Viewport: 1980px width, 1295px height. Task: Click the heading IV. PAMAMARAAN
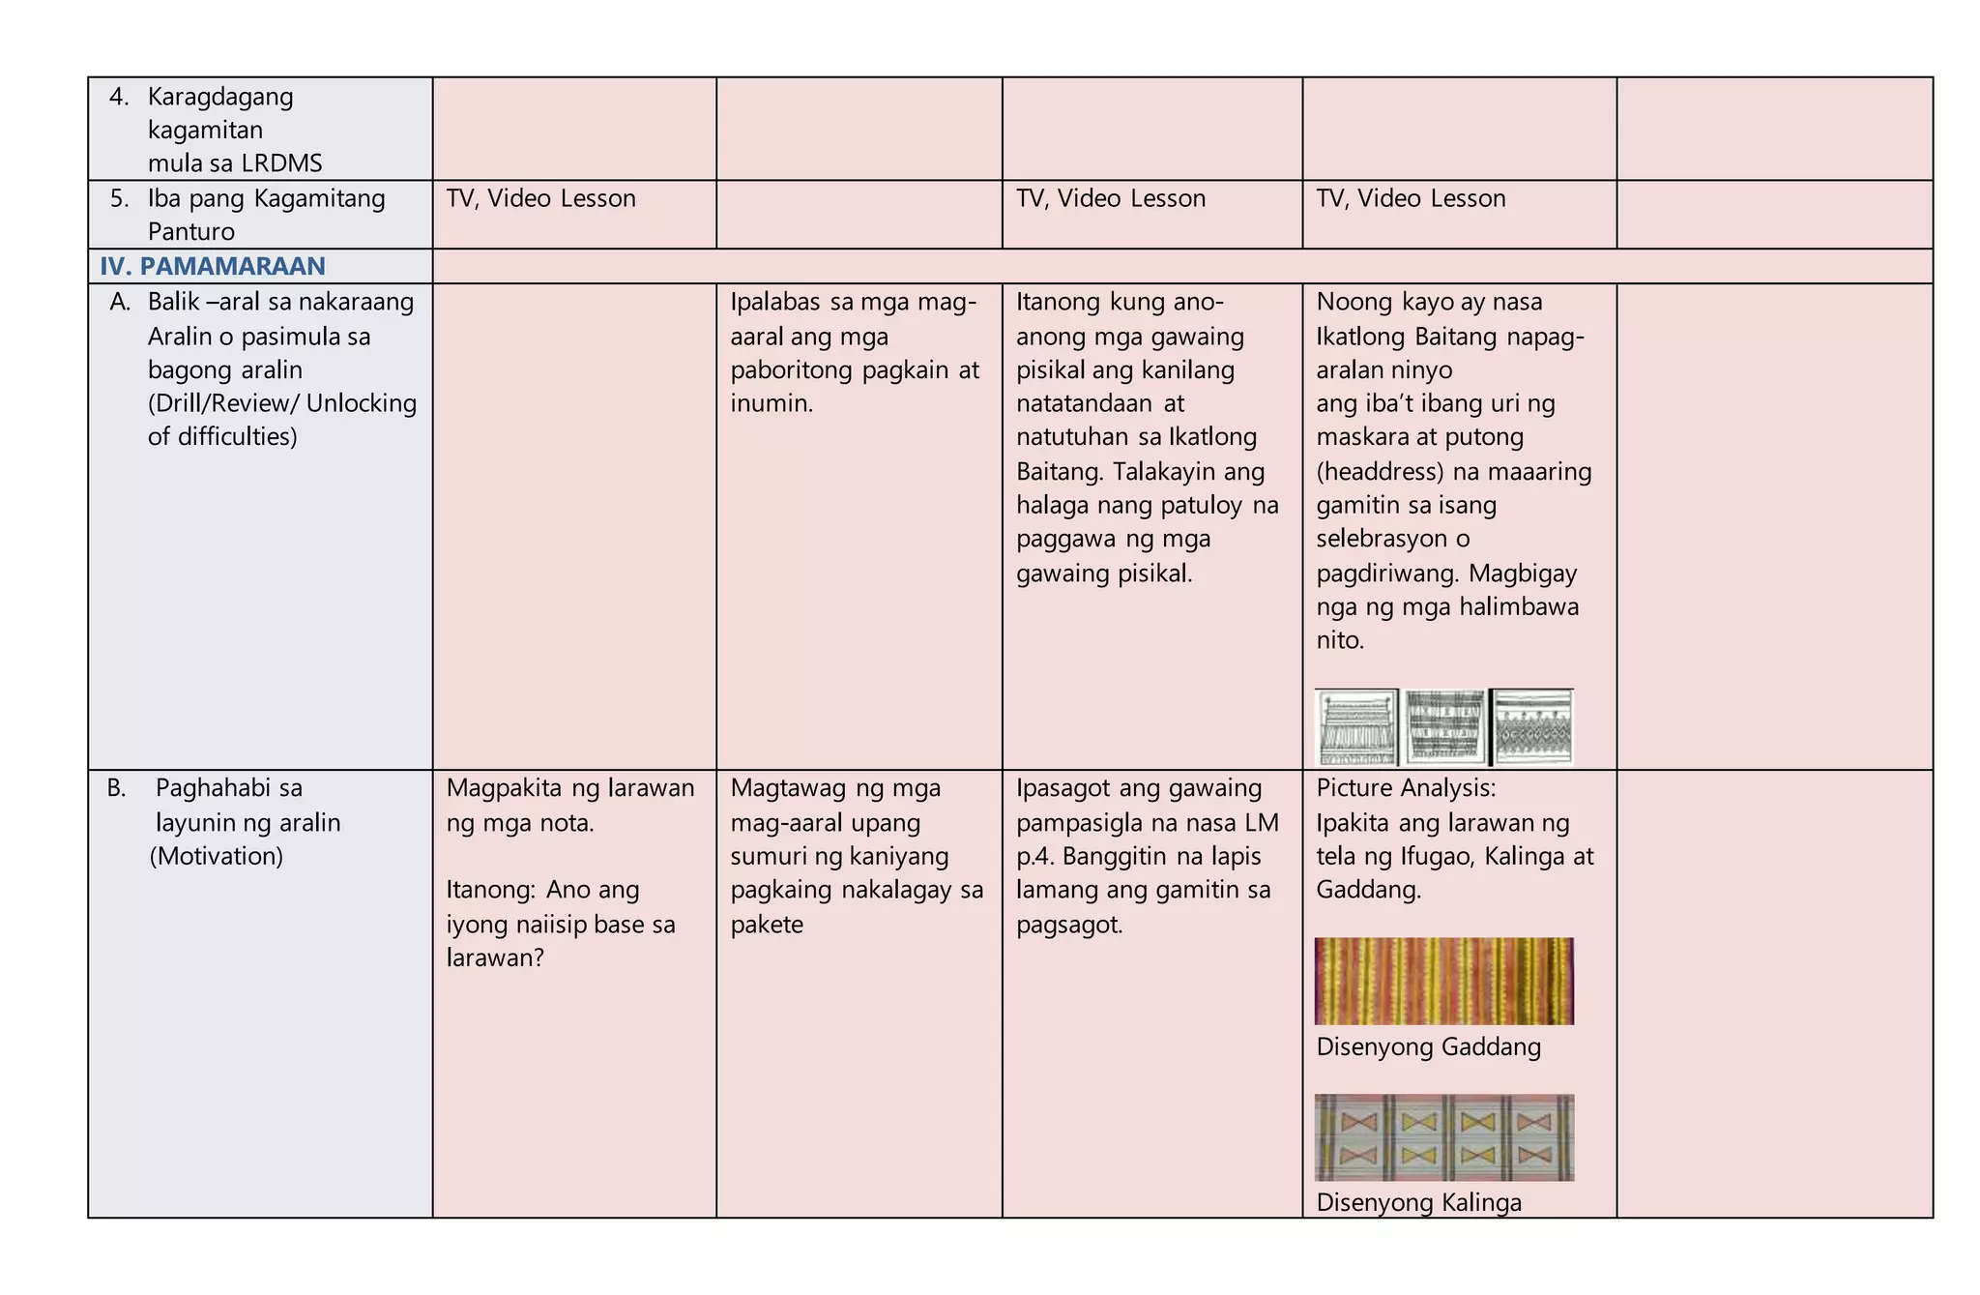[x=212, y=266]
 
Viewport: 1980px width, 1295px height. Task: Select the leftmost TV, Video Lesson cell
[x=540, y=198]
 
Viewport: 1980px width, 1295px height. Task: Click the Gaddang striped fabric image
[x=1443, y=981]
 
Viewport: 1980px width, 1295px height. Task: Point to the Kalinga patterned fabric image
[x=1443, y=1137]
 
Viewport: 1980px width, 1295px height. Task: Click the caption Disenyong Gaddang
[x=1428, y=1046]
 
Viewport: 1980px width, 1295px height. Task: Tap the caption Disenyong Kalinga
[x=1418, y=1202]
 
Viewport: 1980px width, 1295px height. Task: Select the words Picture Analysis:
[x=1405, y=788]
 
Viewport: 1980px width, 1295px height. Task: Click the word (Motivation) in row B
[x=216, y=856]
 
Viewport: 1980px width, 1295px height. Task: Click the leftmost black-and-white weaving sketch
[x=1356, y=727]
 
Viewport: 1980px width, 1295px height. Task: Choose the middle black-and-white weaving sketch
[x=1444, y=727]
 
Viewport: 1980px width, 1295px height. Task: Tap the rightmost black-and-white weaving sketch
[x=1532, y=727]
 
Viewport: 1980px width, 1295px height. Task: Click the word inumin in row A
[x=769, y=403]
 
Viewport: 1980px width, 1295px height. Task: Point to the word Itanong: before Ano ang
[x=490, y=890]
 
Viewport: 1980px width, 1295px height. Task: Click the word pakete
[x=767, y=925]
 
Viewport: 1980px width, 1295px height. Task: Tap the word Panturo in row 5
[x=191, y=232]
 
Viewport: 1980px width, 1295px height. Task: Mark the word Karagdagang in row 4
[x=220, y=97]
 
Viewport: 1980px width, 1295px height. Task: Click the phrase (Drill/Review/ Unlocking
[x=282, y=403]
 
